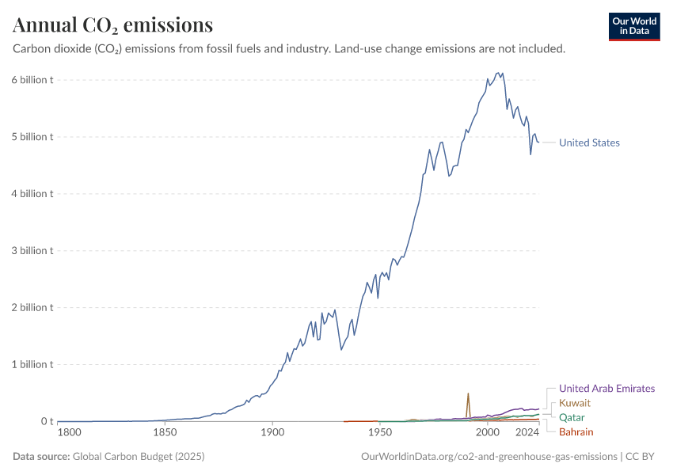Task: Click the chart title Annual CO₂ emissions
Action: click(x=112, y=25)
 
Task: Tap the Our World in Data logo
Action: click(x=633, y=26)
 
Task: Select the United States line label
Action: click(x=589, y=142)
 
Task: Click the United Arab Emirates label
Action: click(x=606, y=389)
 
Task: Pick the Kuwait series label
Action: click(x=575, y=403)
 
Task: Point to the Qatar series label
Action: click(x=573, y=417)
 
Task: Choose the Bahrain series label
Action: click(x=576, y=431)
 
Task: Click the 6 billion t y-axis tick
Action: click(x=32, y=79)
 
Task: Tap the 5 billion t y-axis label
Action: click(x=32, y=136)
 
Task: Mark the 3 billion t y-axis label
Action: click(x=32, y=250)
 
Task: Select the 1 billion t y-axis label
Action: click(x=32, y=364)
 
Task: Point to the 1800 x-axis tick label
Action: click(x=69, y=433)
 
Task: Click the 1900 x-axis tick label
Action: click(x=272, y=433)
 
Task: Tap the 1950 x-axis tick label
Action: click(x=380, y=433)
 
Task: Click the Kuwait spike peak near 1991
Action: click(x=468, y=393)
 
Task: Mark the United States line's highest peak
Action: click(x=498, y=73)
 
